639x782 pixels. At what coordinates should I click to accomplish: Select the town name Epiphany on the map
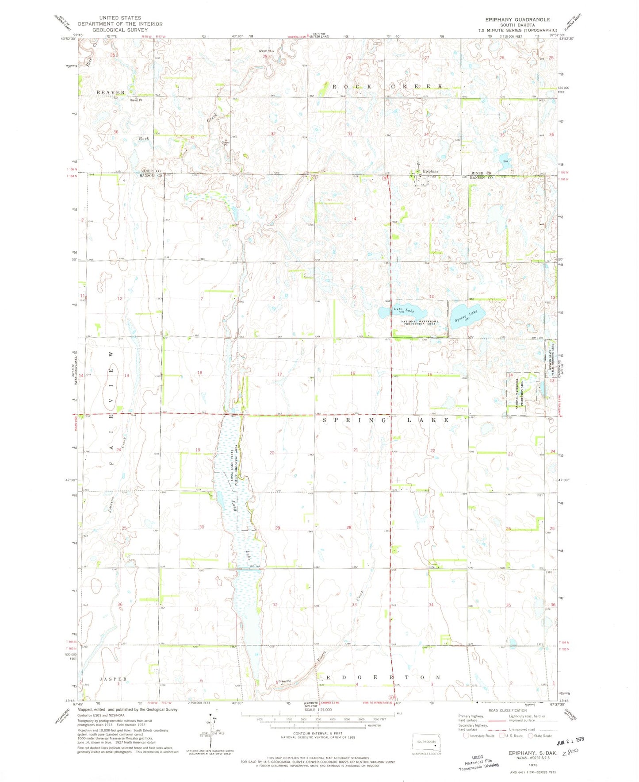point(431,171)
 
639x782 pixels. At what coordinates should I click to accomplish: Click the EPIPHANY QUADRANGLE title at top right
point(517,19)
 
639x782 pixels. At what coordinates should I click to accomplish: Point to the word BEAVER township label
point(111,92)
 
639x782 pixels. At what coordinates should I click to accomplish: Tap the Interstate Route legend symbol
point(466,736)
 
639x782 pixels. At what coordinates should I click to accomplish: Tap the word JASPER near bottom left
point(113,679)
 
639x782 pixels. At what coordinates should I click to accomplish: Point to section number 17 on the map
point(279,374)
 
